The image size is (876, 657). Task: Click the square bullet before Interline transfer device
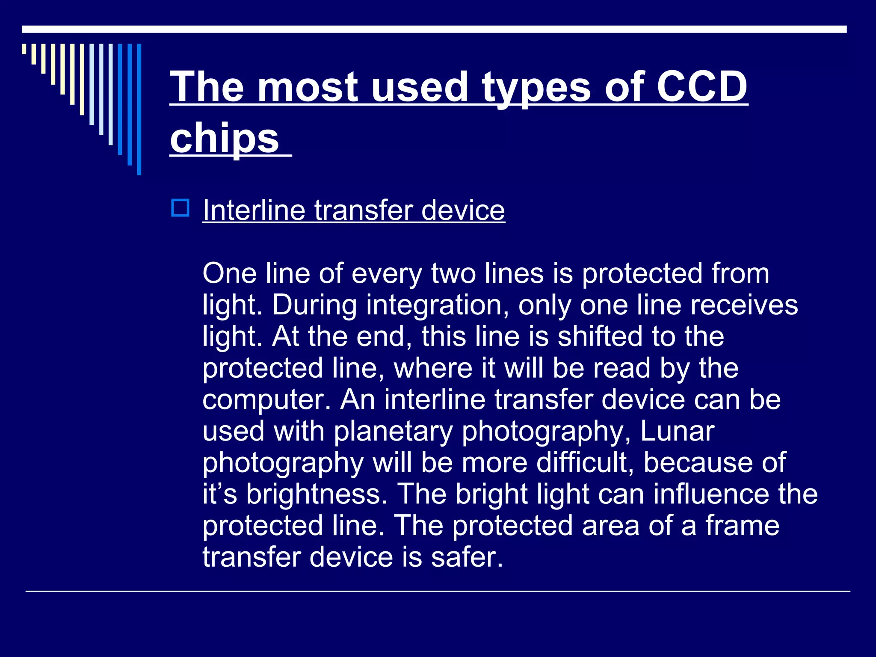click(x=180, y=208)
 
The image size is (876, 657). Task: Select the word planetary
click(x=393, y=432)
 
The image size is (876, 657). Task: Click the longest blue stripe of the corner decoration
click(x=139, y=109)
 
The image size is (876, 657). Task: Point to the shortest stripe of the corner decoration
click(x=24, y=49)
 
